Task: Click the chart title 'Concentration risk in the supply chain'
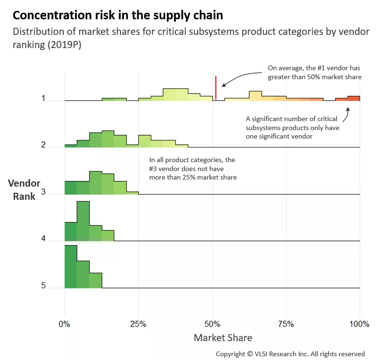(118, 15)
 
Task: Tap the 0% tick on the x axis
(64, 324)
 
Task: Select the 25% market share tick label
(138, 324)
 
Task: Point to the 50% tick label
(212, 324)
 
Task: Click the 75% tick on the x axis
(286, 324)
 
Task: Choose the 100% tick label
(360, 324)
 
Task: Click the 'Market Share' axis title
(223, 337)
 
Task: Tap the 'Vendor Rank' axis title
(24, 190)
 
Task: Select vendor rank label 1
(43, 98)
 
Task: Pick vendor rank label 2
(43, 145)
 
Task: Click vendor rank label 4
(43, 238)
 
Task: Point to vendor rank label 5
(43, 285)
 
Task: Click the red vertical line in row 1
(216, 88)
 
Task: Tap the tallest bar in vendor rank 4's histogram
(83, 221)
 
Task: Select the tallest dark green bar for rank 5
(71, 267)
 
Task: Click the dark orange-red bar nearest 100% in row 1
(354, 98)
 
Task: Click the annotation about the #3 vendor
(193, 169)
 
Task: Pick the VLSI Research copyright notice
(290, 354)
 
